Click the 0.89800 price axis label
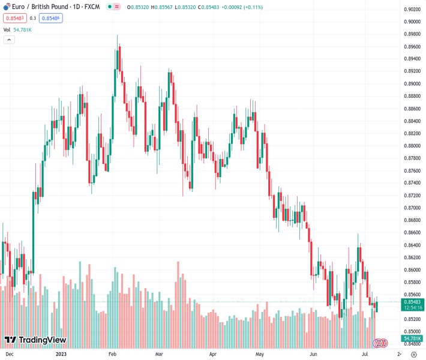pyautogui.click(x=412, y=34)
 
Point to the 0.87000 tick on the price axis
pyautogui.click(x=412, y=208)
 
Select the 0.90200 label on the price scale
pyautogui.click(x=412, y=10)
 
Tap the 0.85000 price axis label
pyautogui.click(x=412, y=332)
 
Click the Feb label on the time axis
pyautogui.click(x=112, y=355)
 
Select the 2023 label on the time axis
pyautogui.click(x=61, y=355)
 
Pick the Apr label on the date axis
pyautogui.click(x=213, y=355)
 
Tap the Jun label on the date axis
pyautogui.click(x=313, y=355)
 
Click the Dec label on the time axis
pyautogui.click(x=10, y=355)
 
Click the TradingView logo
pyautogui.click(x=35, y=340)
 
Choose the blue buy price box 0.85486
pyautogui.click(x=51, y=18)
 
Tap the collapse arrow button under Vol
pyautogui.click(x=9, y=40)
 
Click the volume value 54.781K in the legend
pyautogui.click(x=22, y=29)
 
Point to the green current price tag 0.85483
pyautogui.click(x=412, y=302)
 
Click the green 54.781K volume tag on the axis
pyautogui.click(x=412, y=340)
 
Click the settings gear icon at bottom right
pyautogui.click(x=413, y=355)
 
